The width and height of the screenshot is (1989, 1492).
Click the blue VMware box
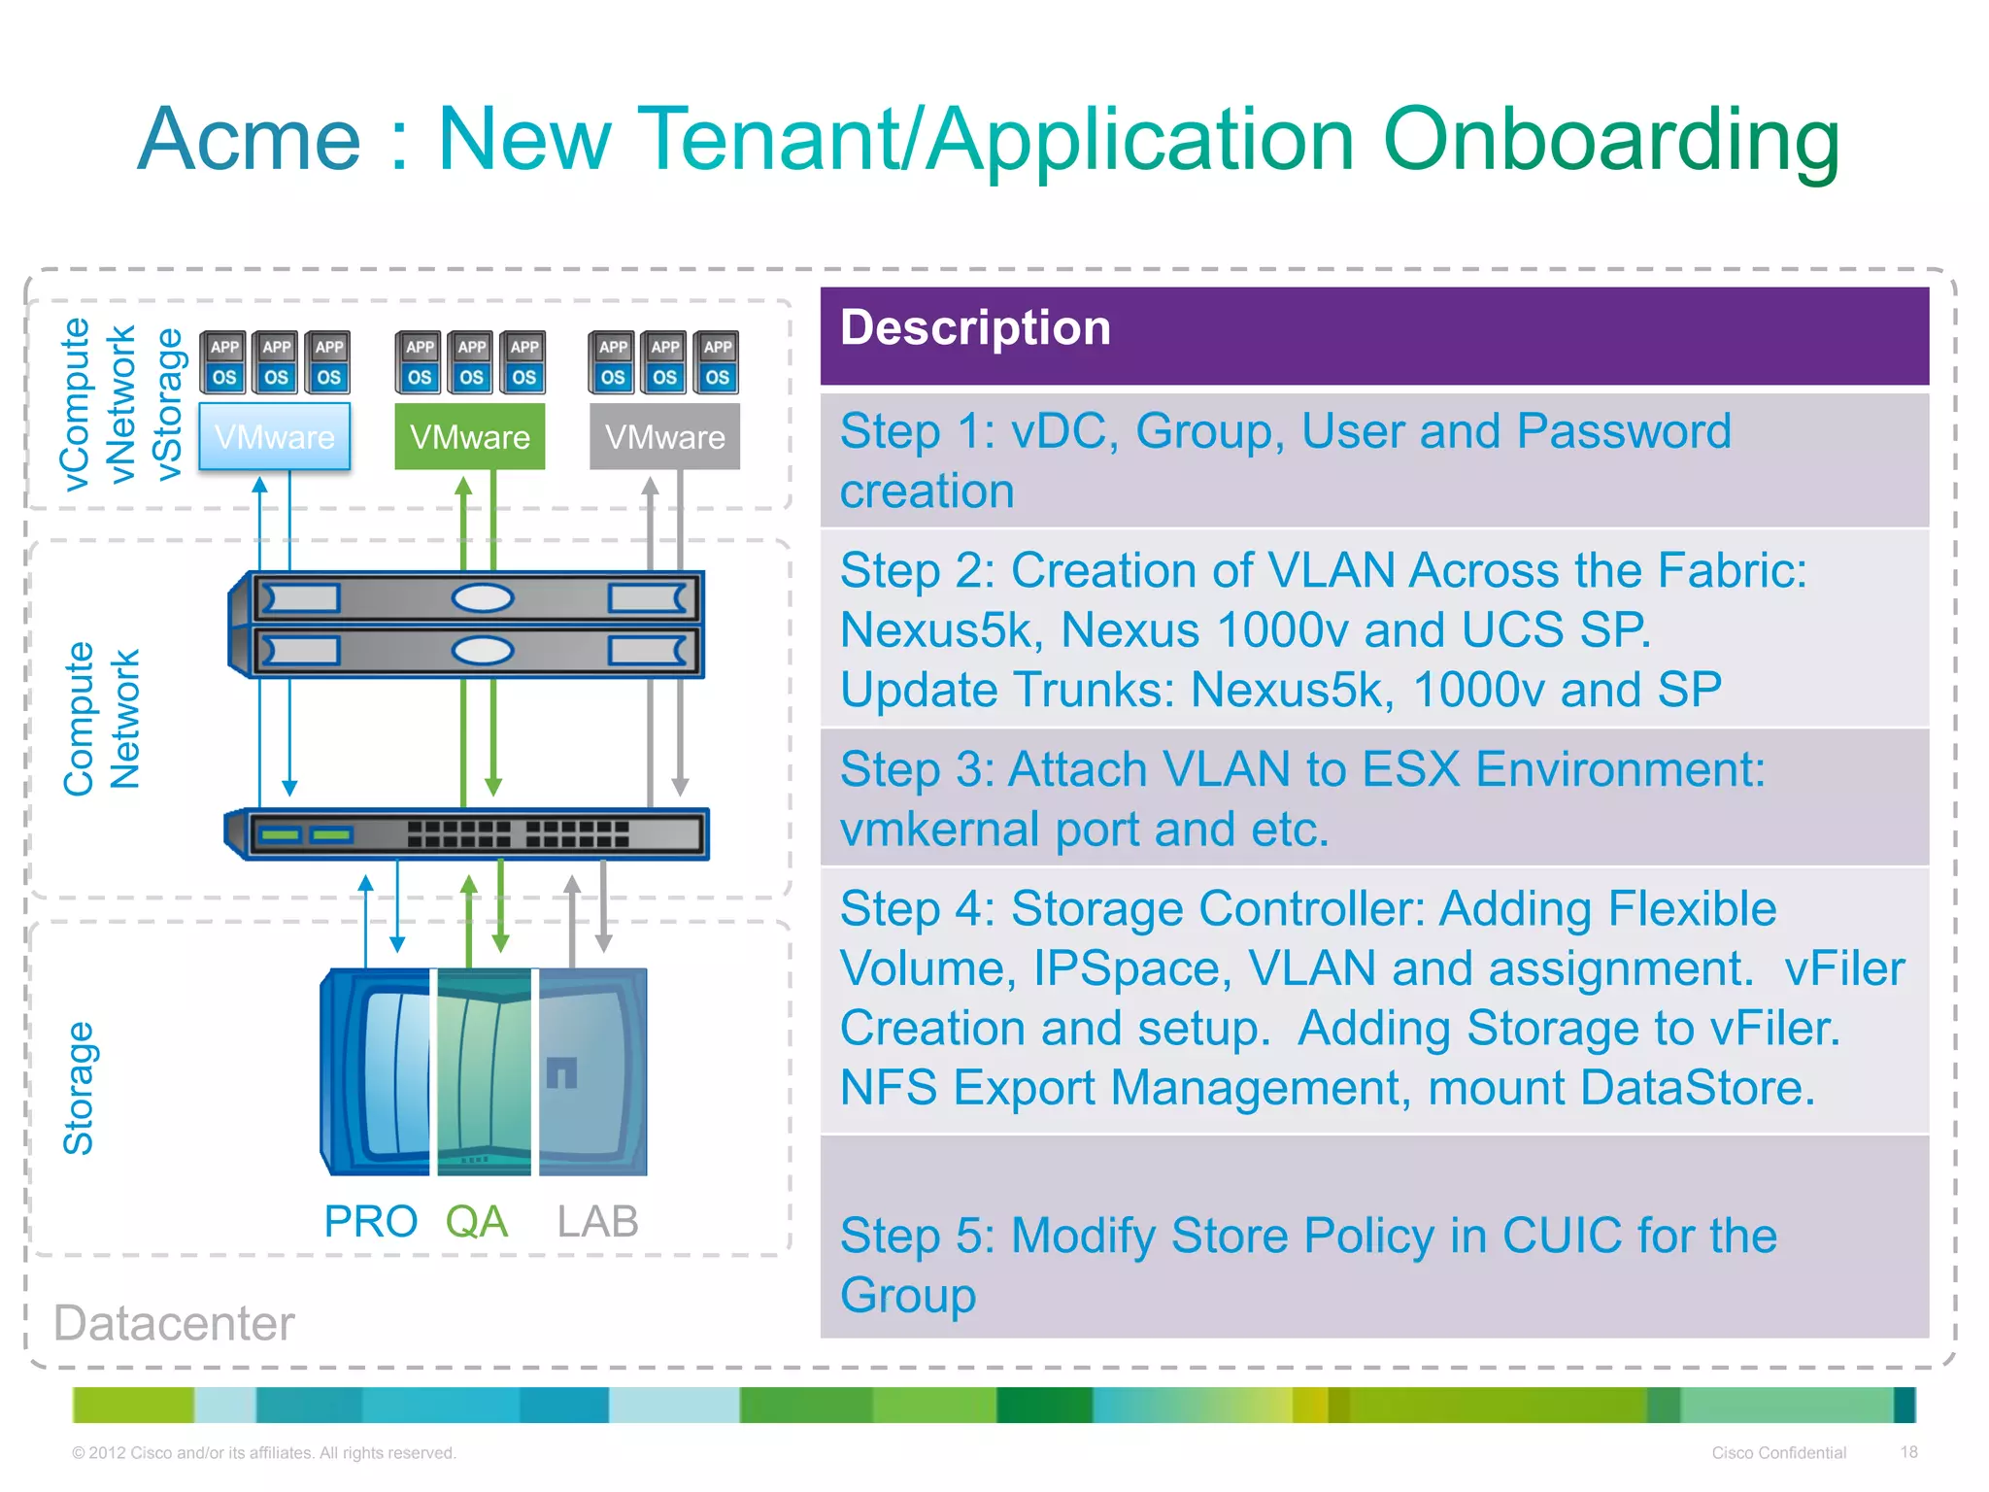tap(274, 437)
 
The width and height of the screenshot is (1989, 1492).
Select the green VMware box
tap(469, 437)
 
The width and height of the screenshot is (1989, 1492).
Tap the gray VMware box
tap(664, 437)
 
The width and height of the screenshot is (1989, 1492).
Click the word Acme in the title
tap(250, 140)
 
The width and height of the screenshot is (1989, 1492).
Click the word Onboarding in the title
tap(1610, 140)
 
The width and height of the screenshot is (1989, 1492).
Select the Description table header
tap(975, 328)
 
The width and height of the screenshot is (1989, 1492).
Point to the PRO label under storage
tap(370, 1221)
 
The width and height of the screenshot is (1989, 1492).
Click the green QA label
tap(476, 1221)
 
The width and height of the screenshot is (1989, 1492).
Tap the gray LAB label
tap(597, 1221)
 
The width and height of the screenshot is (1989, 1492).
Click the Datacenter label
tap(174, 1323)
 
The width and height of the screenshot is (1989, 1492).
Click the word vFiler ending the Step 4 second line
tap(1844, 968)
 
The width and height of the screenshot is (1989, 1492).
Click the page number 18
tap(1908, 1452)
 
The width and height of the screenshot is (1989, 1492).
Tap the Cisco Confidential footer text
tap(1778, 1452)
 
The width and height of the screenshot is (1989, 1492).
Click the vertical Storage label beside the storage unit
tap(78, 1088)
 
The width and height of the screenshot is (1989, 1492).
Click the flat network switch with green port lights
tap(467, 833)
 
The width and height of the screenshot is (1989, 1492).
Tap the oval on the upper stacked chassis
tap(482, 597)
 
